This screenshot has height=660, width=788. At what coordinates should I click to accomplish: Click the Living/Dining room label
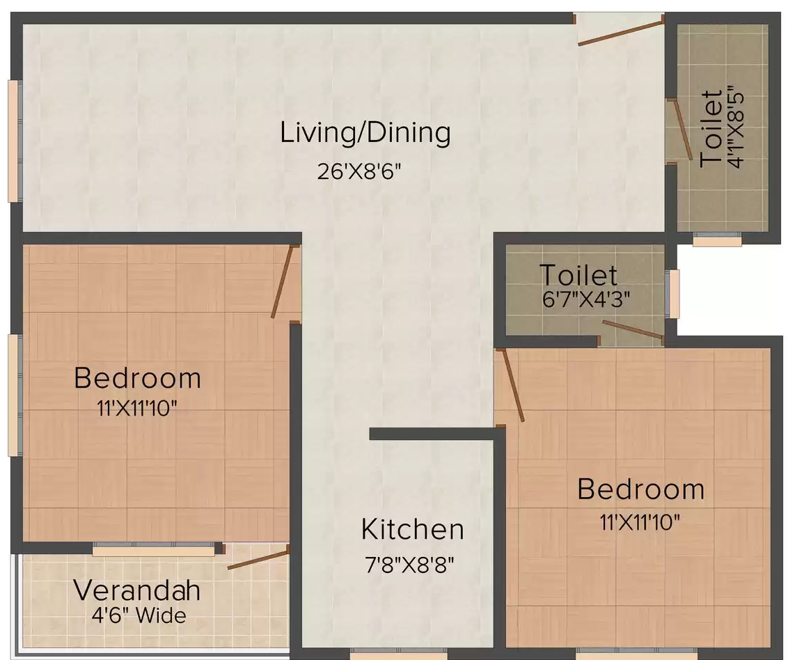click(365, 133)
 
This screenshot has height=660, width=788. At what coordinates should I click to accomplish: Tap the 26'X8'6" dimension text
click(358, 172)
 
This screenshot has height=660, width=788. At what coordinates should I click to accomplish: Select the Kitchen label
click(412, 529)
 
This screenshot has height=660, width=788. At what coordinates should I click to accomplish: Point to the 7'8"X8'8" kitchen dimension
click(409, 565)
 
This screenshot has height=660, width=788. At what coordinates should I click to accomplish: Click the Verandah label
click(136, 590)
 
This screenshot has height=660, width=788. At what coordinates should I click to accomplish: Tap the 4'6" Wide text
click(139, 615)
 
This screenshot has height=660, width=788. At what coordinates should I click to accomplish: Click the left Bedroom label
click(137, 378)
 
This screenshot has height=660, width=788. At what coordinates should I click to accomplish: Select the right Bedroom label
click(640, 489)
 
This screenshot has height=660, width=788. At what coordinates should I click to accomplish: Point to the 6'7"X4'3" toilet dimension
click(586, 299)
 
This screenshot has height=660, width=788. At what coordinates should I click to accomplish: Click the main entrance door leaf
click(621, 33)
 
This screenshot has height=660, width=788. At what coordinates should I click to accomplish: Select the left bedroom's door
click(282, 281)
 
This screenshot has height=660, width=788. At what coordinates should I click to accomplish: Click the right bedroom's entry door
click(513, 385)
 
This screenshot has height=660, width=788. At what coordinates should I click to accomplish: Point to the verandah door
click(258, 560)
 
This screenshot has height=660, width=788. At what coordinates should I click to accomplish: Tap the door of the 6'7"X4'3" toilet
click(633, 329)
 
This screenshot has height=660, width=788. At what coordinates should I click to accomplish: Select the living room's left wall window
click(15, 141)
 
